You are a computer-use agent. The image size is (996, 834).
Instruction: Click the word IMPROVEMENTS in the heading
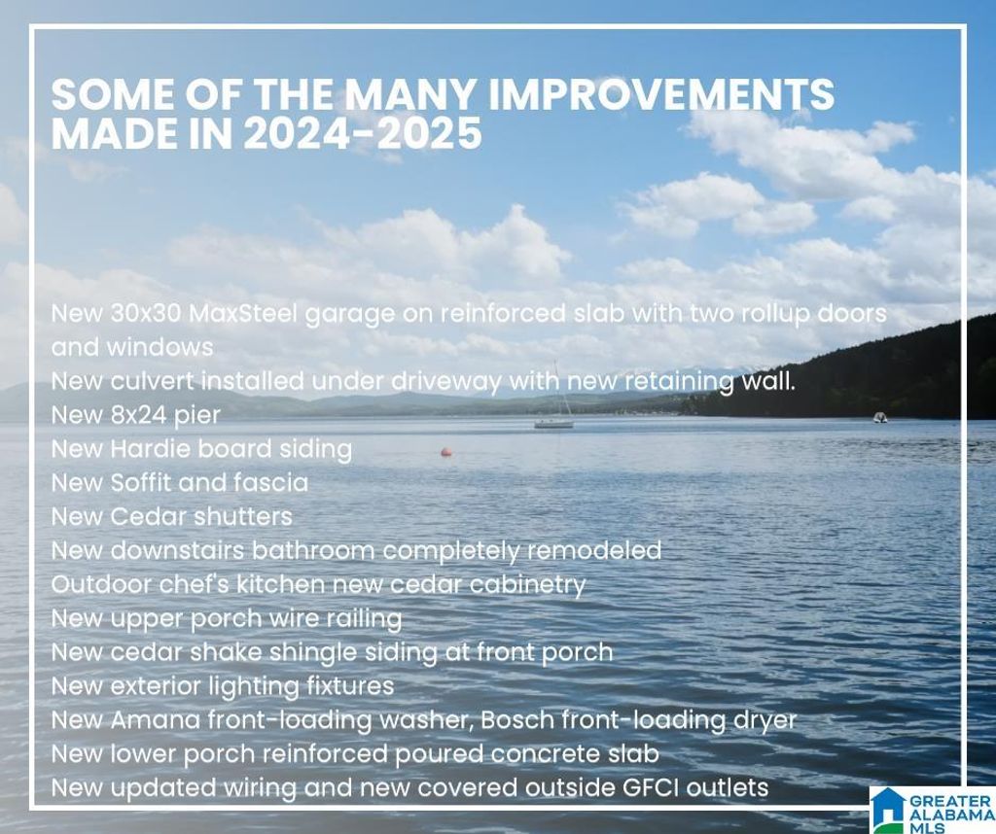660,94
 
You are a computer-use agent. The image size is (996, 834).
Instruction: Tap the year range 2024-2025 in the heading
363,133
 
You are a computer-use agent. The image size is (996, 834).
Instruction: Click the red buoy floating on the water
446,452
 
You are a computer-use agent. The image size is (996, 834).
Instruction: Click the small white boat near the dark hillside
879,417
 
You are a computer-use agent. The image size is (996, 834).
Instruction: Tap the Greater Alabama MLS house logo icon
888,809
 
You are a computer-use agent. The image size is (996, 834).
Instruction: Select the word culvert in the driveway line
151,381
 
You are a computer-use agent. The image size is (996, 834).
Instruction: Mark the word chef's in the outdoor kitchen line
194,584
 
